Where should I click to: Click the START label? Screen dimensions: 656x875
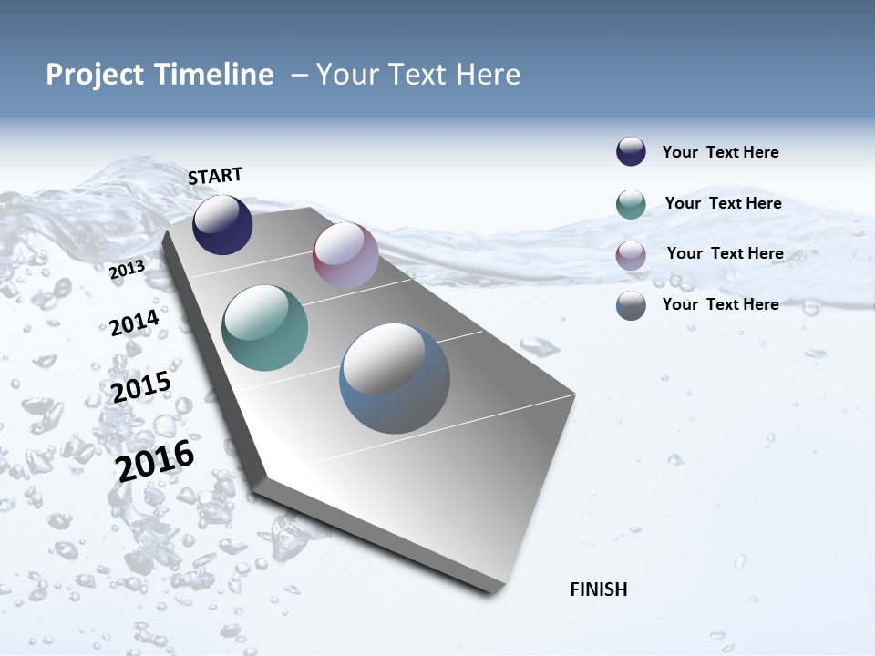coord(215,176)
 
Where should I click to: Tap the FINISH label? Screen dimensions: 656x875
coord(598,589)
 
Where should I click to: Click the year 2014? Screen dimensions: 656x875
coord(134,323)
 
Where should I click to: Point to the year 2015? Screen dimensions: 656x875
coord(140,387)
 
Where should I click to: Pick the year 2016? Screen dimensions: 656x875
coord(155,460)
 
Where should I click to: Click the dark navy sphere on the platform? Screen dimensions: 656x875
coord(222,225)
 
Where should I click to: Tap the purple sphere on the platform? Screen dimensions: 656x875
coord(345,255)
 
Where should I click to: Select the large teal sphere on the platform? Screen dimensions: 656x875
coord(264,328)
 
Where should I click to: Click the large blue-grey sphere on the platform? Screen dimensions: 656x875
coord(394,378)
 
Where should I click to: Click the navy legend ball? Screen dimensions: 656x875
coord(631,152)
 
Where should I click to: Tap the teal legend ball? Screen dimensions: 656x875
coord(631,204)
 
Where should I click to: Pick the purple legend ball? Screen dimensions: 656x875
coord(631,255)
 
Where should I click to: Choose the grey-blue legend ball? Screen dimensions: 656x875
coord(631,305)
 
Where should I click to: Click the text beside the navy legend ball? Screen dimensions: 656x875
coord(720,152)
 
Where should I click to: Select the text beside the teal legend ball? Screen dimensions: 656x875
coord(723,203)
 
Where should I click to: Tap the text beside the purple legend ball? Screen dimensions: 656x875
coord(725,253)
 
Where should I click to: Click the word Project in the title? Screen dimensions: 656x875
coord(95,75)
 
